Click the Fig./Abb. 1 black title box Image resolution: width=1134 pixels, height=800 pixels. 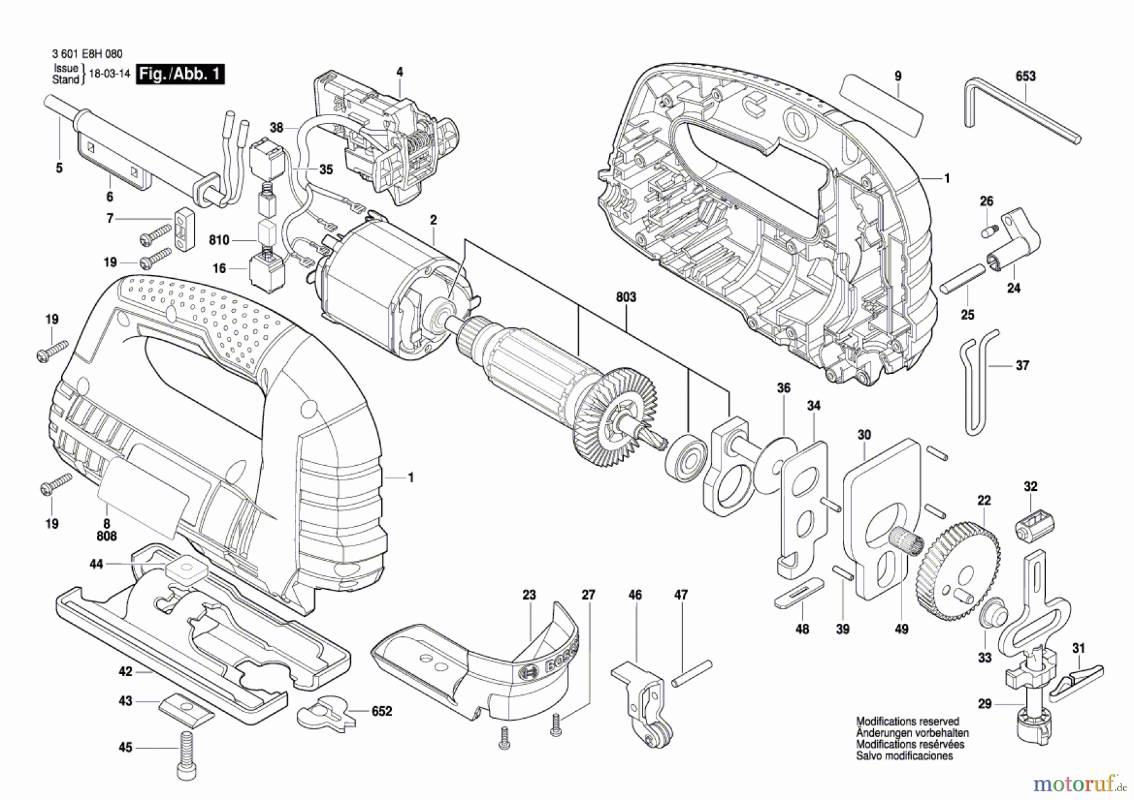(x=181, y=74)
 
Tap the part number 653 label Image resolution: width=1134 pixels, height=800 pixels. (x=1025, y=76)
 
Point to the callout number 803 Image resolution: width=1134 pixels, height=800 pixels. (x=626, y=296)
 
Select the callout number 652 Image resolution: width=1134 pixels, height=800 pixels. (x=381, y=711)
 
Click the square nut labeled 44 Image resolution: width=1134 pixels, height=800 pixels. (x=187, y=570)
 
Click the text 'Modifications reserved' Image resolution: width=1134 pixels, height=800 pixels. (x=907, y=721)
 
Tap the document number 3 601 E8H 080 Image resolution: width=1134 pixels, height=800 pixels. (x=87, y=54)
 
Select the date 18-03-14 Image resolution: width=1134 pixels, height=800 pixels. (x=110, y=74)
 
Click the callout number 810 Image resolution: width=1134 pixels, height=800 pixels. (x=219, y=240)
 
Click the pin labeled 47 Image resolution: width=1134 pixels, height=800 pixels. (x=692, y=673)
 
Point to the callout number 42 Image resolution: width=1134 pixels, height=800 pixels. (x=125, y=671)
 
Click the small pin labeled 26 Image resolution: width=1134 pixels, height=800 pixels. (x=990, y=231)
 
